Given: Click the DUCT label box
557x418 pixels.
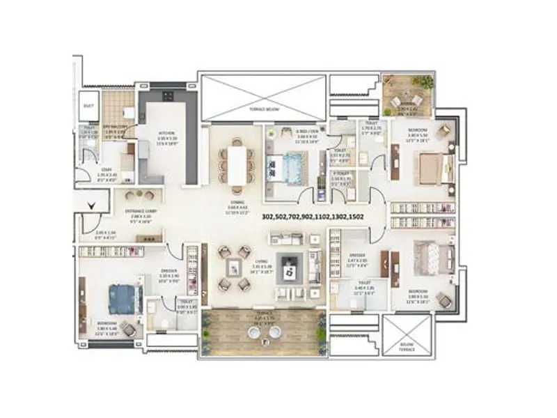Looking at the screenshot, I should click(88, 106).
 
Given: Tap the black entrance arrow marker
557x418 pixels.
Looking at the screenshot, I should click(92, 205).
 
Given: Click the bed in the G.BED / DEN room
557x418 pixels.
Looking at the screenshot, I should click(292, 166).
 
